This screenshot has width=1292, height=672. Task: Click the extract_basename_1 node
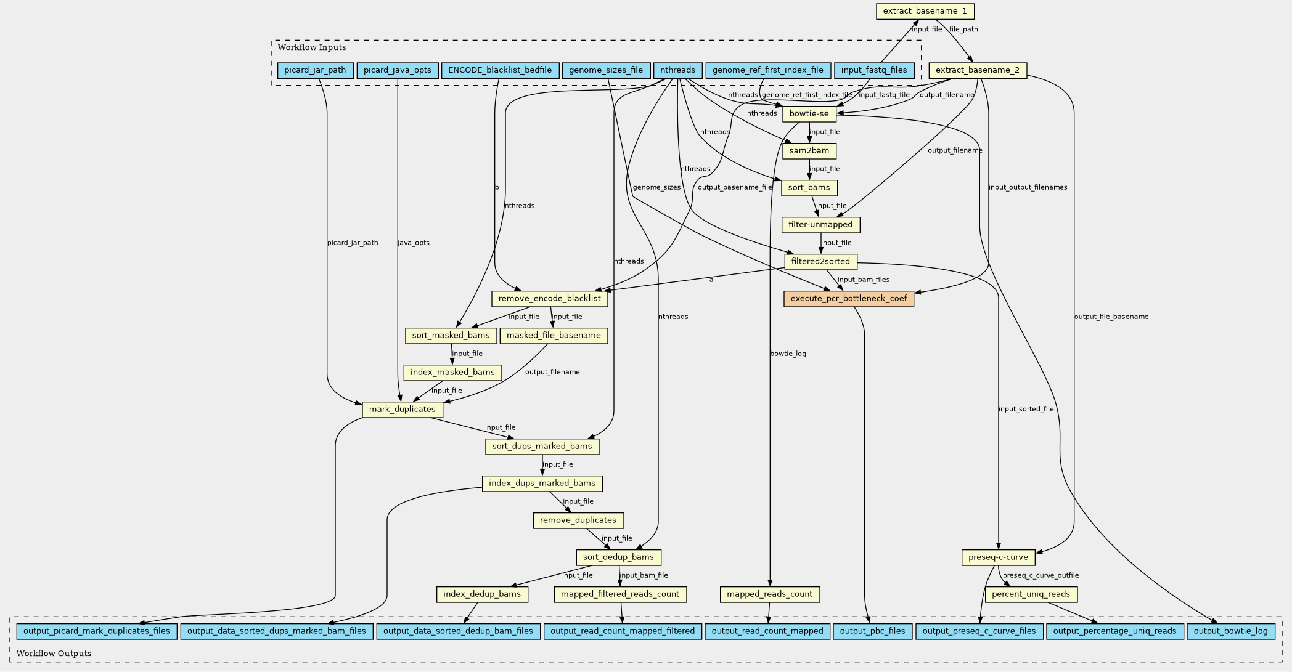[x=925, y=11]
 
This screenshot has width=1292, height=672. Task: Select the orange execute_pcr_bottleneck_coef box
[x=849, y=299]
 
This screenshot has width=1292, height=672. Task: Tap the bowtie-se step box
[x=809, y=114]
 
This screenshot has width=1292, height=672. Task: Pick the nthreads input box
[x=677, y=70]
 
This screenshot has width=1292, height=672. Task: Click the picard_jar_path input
[x=315, y=70]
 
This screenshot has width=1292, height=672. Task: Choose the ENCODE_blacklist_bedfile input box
[x=500, y=70]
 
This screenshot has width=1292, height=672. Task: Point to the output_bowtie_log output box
[x=1230, y=631]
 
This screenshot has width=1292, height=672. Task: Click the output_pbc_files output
[x=872, y=631]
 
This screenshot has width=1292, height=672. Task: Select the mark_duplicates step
[x=403, y=410]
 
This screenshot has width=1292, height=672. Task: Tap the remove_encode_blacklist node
[x=550, y=299]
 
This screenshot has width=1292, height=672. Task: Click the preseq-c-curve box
[x=998, y=557]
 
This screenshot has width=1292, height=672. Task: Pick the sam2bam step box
[x=809, y=151]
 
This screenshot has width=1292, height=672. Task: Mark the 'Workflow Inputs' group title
[x=312, y=47]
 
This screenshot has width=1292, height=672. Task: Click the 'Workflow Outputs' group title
[x=54, y=654]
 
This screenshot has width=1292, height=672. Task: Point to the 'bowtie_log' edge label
[x=788, y=354]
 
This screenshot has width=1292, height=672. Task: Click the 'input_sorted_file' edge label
[x=1026, y=409]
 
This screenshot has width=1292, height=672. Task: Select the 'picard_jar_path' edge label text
[x=353, y=243]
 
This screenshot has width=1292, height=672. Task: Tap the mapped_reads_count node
[x=770, y=594]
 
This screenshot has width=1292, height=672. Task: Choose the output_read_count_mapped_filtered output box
[x=623, y=631]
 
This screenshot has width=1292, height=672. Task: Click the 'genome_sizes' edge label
[x=656, y=187]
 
